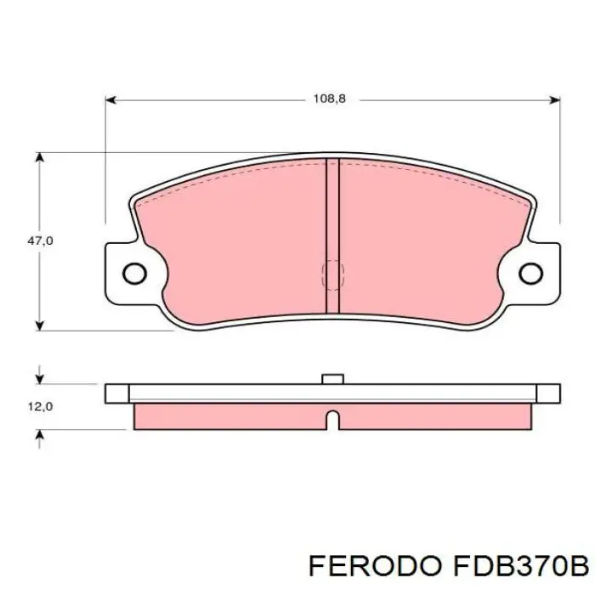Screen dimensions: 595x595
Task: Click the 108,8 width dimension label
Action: (x=330, y=99)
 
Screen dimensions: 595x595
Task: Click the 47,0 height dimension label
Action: (x=40, y=241)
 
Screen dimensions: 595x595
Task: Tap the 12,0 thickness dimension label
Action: (x=40, y=406)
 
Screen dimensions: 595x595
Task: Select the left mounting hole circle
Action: (x=134, y=273)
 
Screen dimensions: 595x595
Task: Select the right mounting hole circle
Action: (x=530, y=273)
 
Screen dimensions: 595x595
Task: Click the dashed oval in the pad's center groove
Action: (x=332, y=274)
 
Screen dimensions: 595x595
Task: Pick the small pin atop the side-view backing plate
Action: (x=332, y=379)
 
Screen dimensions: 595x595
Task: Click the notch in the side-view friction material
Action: (x=332, y=419)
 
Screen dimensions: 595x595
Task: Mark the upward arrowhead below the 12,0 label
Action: (x=39, y=434)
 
